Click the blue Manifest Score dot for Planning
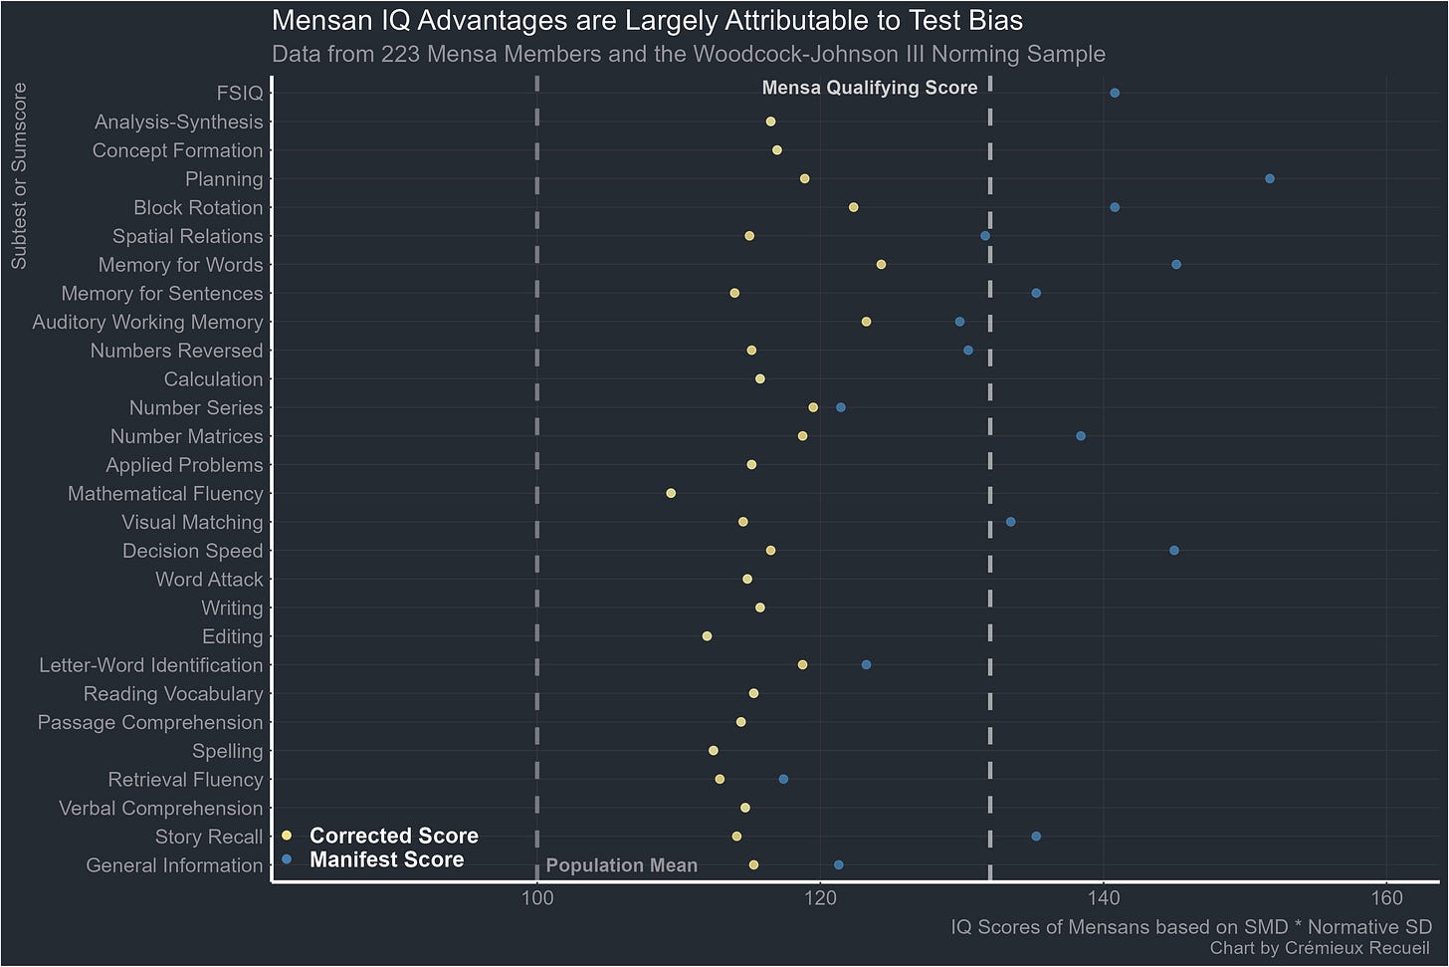[1269, 179]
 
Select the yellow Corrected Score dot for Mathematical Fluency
[671, 493]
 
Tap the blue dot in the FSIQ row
[1115, 93]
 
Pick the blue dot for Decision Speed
[1174, 551]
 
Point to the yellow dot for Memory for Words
[881, 265]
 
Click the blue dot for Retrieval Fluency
[783, 779]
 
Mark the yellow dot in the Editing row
[707, 636]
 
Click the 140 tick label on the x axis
[1104, 898]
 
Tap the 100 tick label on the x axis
[537, 898]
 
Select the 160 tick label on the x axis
[1387, 898]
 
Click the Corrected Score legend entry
[393, 836]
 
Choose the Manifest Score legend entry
[386, 859]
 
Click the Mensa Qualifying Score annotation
[870, 88]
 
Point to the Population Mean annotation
[622, 865]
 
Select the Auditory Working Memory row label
[147, 322]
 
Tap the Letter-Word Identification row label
[151, 665]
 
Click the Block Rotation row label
[198, 207]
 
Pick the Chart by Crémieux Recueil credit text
[1320, 948]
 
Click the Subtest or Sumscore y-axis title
[19, 176]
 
